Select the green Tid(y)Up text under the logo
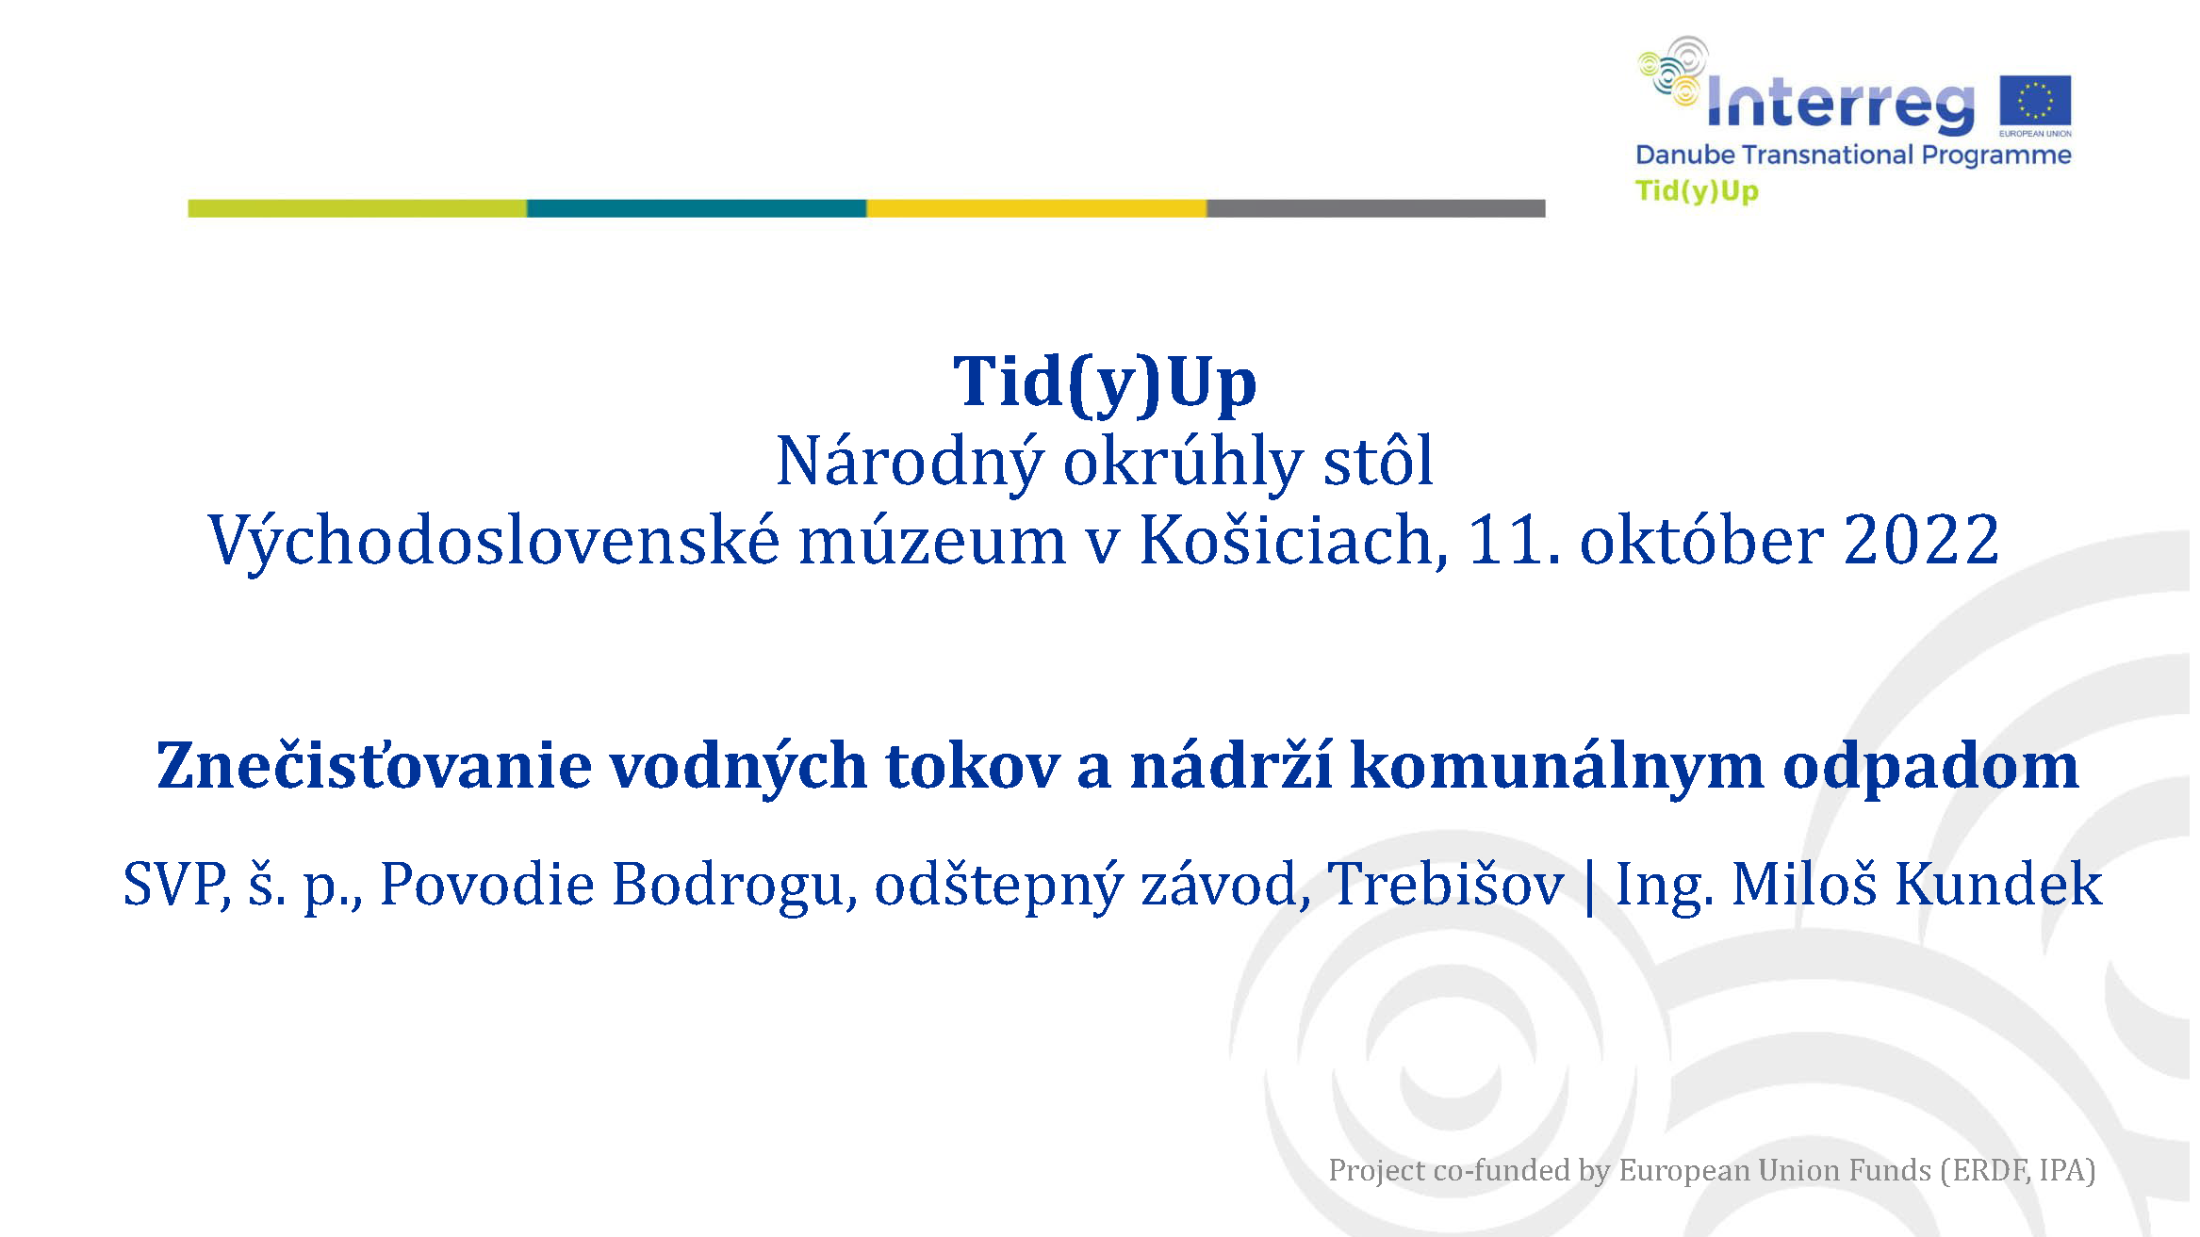(1697, 191)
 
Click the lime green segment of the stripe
(357, 208)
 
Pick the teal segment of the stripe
(697, 208)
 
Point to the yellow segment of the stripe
(1036, 208)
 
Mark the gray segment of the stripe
(1376, 208)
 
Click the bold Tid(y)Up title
(1105, 382)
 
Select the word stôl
(1378, 461)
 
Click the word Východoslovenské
(494, 541)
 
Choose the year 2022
(1921, 541)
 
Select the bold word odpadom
(1930, 767)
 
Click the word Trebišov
(1446, 884)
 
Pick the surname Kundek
(1998, 884)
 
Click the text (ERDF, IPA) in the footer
(2017, 1170)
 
